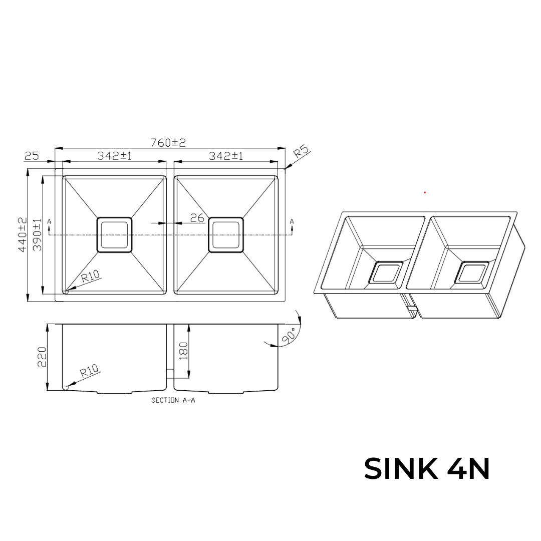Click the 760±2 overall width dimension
[x=168, y=143]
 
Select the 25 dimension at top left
[x=32, y=156]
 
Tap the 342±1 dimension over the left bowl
[x=114, y=156]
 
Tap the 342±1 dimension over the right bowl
[x=226, y=156]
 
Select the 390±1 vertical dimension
[x=37, y=234]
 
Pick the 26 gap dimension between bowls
[x=197, y=217]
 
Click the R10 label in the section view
[x=90, y=372]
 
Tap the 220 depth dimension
[x=42, y=357]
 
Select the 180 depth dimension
[x=183, y=351]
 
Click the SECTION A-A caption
[x=173, y=400]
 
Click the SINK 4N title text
[x=427, y=469]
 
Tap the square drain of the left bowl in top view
[x=114, y=234]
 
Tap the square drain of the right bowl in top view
[x=226, y=234]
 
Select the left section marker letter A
[x=49, y=221]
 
